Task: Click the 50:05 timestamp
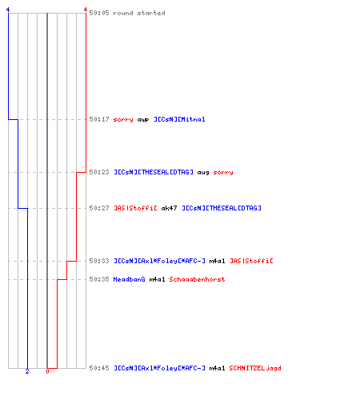click(x=99, y=13)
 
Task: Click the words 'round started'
click(x=139, y=13)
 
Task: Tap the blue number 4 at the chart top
click(x=8, y=10)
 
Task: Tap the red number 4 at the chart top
click(x=86, y=10)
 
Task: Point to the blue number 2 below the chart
click(x=27, y=371)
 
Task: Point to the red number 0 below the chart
click(x=47, y=371)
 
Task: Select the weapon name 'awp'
click(x=143, y=119)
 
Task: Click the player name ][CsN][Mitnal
click(x=179, y=119)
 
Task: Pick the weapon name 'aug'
click(x=203, y=172)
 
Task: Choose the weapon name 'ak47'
click(x=169, y=208)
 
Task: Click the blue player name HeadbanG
click(x=130, y=279)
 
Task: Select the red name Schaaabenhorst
click(x=197, y=279)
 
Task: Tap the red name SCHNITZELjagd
click(x=255, y=368)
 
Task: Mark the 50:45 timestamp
click(x=99, y=368)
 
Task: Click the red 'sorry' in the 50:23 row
click(x=223, y=172)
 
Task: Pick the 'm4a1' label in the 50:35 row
click(x=157, y=279)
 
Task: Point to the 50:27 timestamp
click(x=99, y=208)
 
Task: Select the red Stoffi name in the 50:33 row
click(x=251, y=261)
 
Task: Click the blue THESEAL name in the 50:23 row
click(x=154, y=172)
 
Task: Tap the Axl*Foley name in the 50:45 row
click(x=160, y=368)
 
